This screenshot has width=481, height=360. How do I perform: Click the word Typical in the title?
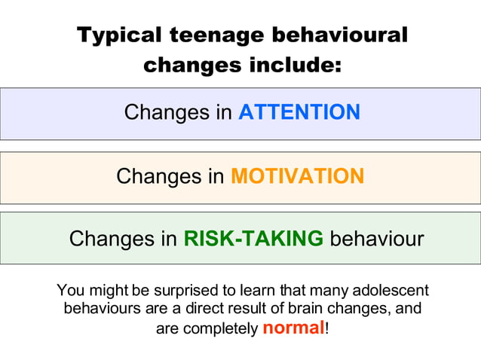click(x=120, y=35)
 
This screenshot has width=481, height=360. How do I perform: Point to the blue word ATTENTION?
click(x=299, y=113)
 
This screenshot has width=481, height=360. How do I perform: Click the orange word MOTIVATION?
click(x=297, y=176)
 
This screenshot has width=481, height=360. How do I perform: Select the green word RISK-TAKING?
click(x=254, y=239)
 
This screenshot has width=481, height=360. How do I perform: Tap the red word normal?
click(x=293, y=328)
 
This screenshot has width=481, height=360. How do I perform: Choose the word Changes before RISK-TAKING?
click(x=112, y=239)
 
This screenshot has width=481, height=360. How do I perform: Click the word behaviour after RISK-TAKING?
click(x=377, y=239)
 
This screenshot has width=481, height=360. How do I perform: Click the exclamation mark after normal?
click(x=327, y=328)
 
